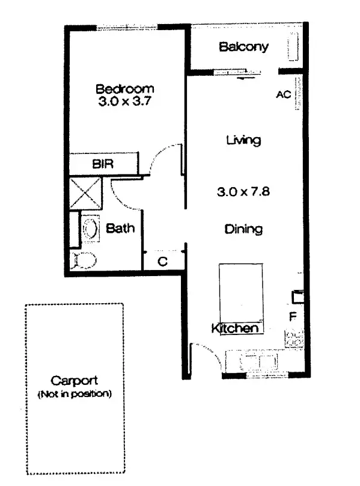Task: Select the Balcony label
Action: [243, 47]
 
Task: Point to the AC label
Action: [283, 95]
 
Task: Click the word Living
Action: [243, 141]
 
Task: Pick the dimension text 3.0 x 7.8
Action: [243, 192]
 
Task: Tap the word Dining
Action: [243, 229]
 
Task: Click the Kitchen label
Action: [235, 328]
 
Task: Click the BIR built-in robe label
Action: [103, 164]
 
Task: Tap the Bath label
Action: [120, 229]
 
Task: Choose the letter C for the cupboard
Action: [162, 261]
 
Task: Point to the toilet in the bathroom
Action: [84, 260]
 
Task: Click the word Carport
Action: [74, 381]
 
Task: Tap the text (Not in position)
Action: [75, 395]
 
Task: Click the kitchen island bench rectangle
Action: [241, 292]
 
